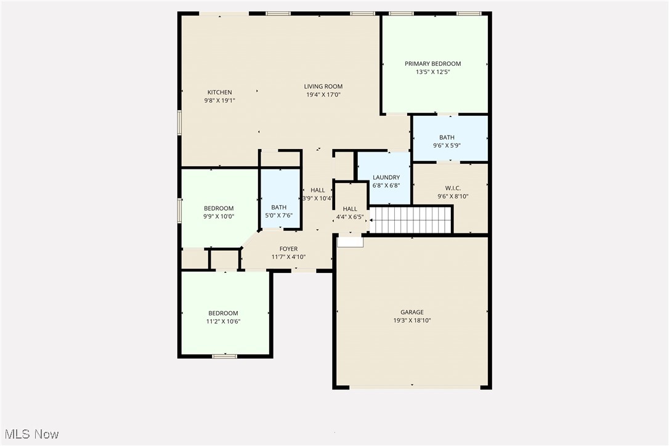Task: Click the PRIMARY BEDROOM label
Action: [x=432, y=63]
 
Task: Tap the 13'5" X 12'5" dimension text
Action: [x=432, y=72]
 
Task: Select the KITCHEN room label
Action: [x=219, y=92]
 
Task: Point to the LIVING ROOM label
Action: [x=323, y=86]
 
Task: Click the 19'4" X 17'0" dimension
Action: [x=323, y=95]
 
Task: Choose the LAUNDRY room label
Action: [x=386, y=177]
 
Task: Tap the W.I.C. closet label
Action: [x=453, y=188]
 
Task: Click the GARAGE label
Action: [x=412, y=312]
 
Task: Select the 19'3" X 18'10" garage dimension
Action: [x=412, y=321]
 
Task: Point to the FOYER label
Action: [x=288, y=249]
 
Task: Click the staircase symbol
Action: [x=410, y=220]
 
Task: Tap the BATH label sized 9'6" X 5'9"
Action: [x=447, y=137]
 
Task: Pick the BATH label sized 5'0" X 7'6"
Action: [x=278, y=207]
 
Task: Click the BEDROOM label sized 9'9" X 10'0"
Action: [x=219, y=208]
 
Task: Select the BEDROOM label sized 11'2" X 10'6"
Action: [x=223, y=313]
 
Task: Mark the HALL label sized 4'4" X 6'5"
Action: [x=350, y=209]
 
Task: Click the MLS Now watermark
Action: [x=30, y=434]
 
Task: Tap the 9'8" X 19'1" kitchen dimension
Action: [x=219, y=100]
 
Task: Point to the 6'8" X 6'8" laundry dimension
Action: [x=386, y=185]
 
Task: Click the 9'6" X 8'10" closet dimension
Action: [x=453, y=197]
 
